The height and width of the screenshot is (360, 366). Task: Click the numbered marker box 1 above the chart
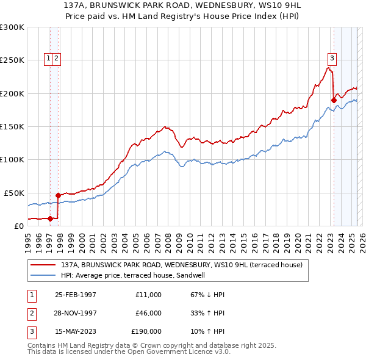pos(48,59)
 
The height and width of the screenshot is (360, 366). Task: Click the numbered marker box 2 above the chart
pos(56,59)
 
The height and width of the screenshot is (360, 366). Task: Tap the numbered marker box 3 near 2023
pos(332,59)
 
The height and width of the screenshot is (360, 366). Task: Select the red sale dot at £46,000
pos(59,195)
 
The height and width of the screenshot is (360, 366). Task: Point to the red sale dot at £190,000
pos(334,100)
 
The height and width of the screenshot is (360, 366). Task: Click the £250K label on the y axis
pos(12,60)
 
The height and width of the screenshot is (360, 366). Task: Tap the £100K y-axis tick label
pos(12,159)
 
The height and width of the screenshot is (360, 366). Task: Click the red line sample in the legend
pos(43,265)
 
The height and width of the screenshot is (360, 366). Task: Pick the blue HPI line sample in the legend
pos(43,275)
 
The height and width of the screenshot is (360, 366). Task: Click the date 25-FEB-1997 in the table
pos(76,295)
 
